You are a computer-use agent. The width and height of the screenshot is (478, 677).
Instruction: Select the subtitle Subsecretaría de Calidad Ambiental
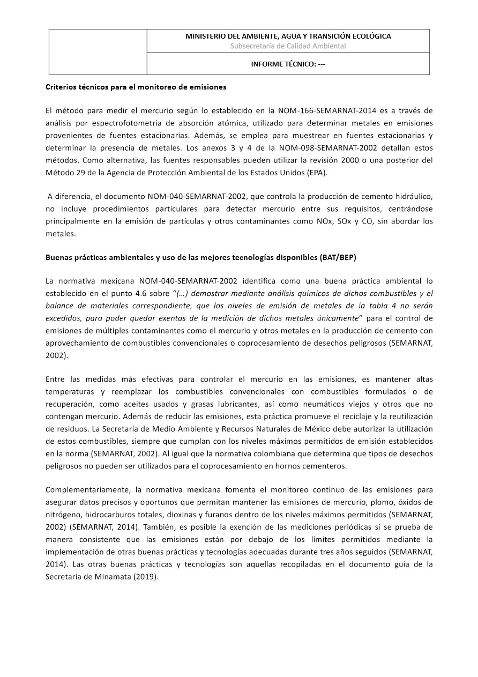click(288, 46)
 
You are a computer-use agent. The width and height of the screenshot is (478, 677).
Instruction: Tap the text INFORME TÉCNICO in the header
click(283, 64)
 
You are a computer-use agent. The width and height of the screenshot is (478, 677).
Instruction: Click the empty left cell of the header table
click(98, 52)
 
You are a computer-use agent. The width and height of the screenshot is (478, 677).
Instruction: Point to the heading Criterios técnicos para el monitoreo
click(136, 86)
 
